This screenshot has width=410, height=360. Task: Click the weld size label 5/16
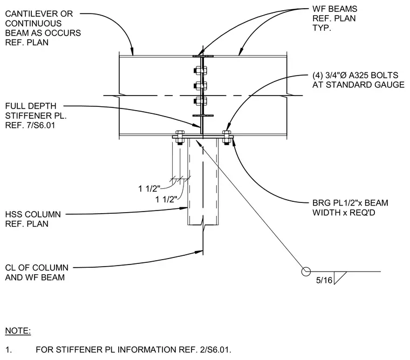324,280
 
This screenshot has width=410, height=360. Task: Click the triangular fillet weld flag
339,277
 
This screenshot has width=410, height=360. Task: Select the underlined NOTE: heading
18,331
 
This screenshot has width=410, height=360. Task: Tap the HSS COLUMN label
33,214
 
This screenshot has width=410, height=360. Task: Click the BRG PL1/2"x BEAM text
350,203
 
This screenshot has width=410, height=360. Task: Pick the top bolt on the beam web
200,70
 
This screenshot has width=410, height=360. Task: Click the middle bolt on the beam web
200,86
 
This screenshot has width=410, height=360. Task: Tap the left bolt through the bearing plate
180,138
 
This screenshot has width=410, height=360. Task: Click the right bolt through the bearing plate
227,138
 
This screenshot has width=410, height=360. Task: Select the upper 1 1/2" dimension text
149,188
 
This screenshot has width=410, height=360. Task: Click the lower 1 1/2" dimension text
166,199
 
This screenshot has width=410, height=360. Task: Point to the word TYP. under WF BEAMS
322,28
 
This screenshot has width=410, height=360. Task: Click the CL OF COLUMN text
37,268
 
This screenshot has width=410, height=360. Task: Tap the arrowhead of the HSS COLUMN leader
184,208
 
